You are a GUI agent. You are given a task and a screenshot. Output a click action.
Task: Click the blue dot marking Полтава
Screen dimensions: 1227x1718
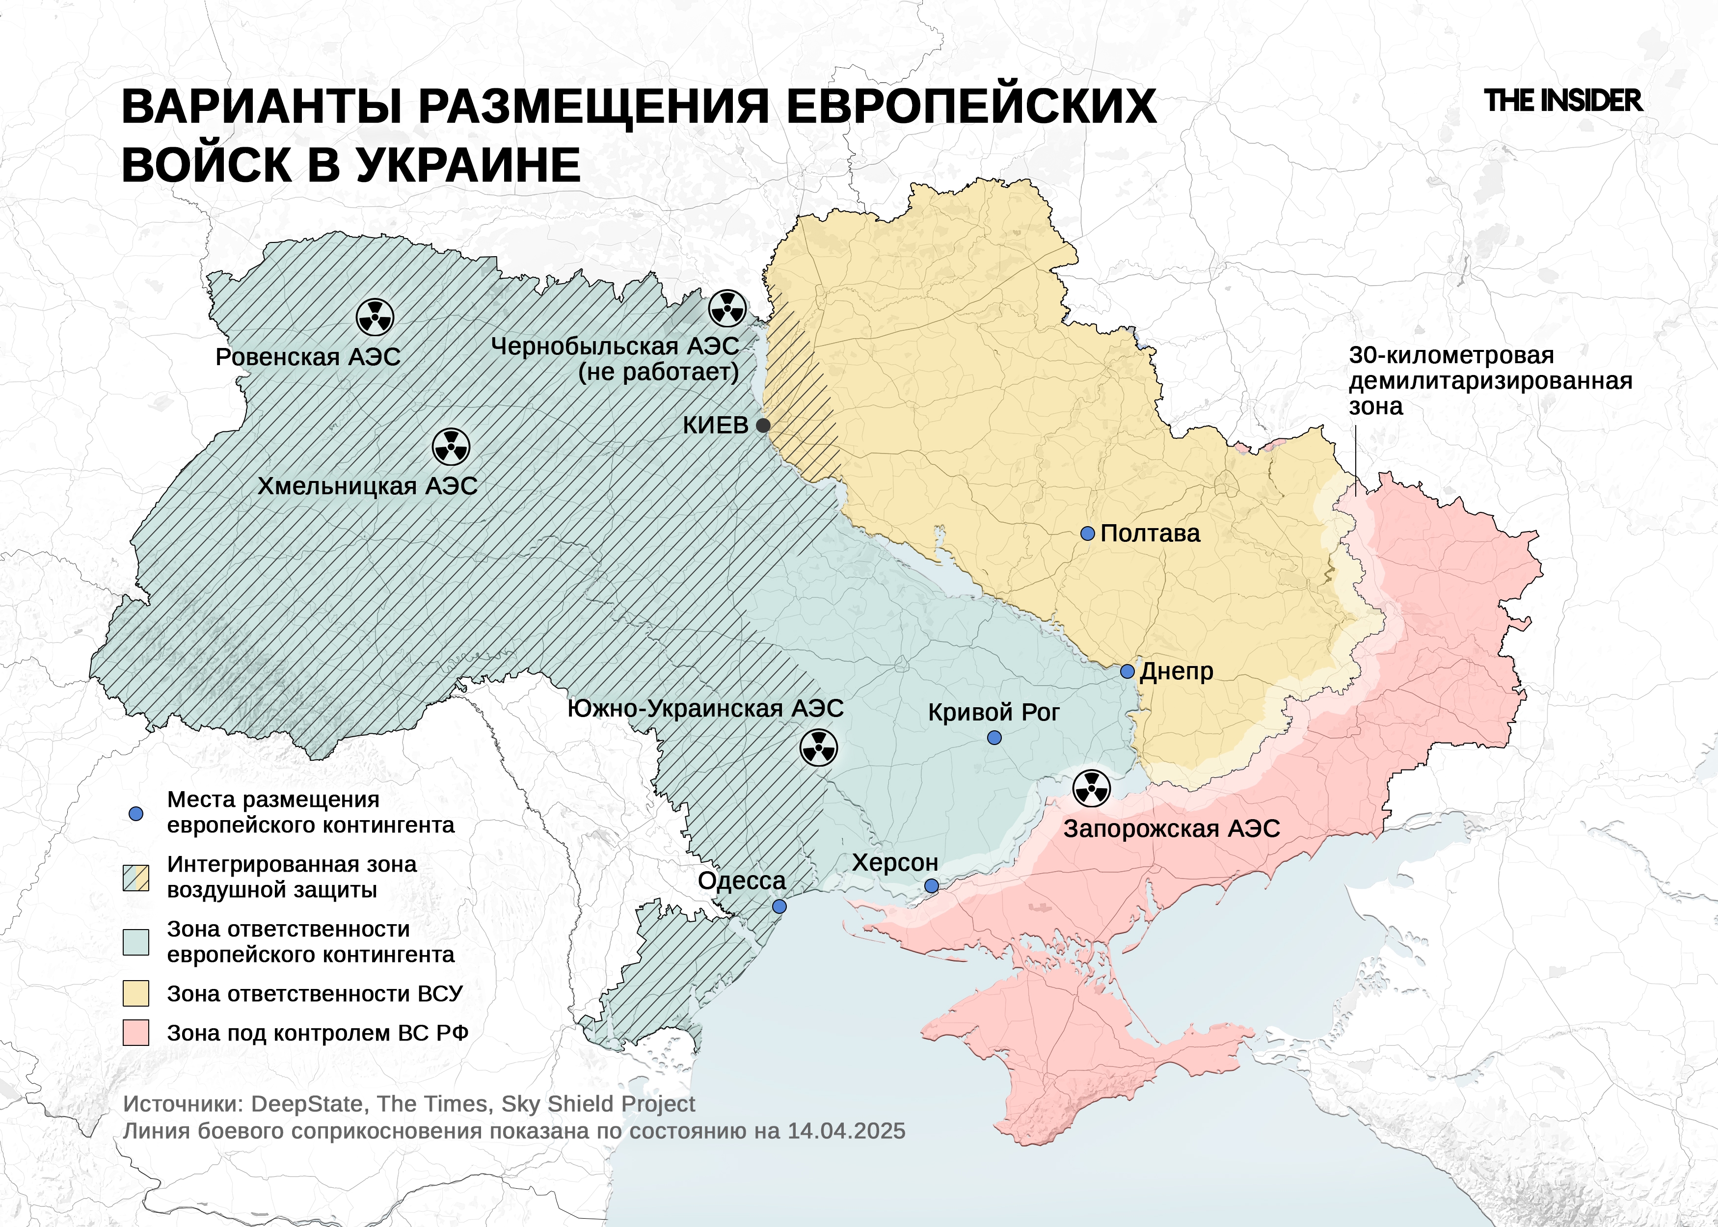tap(1088, 533)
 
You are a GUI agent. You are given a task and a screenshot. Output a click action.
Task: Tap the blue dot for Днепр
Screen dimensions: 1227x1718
tap(1127, 671)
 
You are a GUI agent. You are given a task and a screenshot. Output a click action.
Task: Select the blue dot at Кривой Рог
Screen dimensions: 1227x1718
tap(994, 737)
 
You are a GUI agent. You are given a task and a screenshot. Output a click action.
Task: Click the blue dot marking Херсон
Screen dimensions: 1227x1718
tap(932, 885)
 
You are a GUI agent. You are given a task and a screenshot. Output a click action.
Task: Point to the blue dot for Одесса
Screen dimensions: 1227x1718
tap(779, 906)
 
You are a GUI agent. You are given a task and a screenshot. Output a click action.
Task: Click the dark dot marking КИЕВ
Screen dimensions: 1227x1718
tap(763, 426)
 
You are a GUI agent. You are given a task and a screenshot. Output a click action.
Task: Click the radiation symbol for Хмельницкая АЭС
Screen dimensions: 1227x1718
tap(451, 447)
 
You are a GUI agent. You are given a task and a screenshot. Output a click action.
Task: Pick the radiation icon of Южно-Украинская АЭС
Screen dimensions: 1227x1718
tap(818, 748)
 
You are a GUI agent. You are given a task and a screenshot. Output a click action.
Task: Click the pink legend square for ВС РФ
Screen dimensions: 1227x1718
tap(136, 1033)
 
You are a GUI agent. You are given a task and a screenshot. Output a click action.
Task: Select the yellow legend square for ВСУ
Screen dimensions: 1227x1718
tap(136, 993)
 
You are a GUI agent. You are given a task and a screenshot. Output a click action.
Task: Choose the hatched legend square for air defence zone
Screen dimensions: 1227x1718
tap(136, 877)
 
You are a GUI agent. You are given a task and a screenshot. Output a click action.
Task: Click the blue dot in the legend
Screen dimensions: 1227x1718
tap(136, 814)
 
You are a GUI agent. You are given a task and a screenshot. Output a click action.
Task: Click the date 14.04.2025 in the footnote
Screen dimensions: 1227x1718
tap(846, 1131)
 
